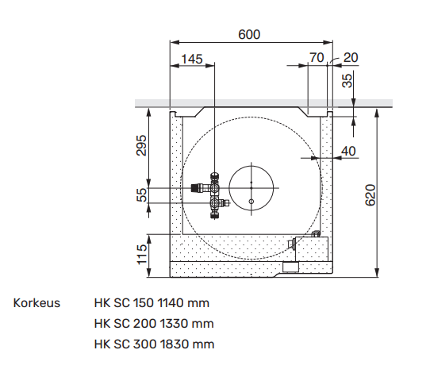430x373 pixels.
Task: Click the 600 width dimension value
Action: pos(249,34)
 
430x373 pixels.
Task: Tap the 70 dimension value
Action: pos(317,58)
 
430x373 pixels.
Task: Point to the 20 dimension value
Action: pos(351,58)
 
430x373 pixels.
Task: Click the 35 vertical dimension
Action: pos(345,80)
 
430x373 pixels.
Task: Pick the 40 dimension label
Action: pos(348,151)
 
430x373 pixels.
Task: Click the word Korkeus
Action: pos(36,303)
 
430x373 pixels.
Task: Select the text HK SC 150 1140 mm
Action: pos(152,303)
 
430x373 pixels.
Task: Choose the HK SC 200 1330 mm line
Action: pos(153,324)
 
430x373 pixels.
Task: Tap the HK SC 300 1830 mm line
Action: pos(153,344)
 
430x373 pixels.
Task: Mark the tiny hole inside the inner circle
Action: pos(251,202)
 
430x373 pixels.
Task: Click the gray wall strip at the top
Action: pos(262,103)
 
